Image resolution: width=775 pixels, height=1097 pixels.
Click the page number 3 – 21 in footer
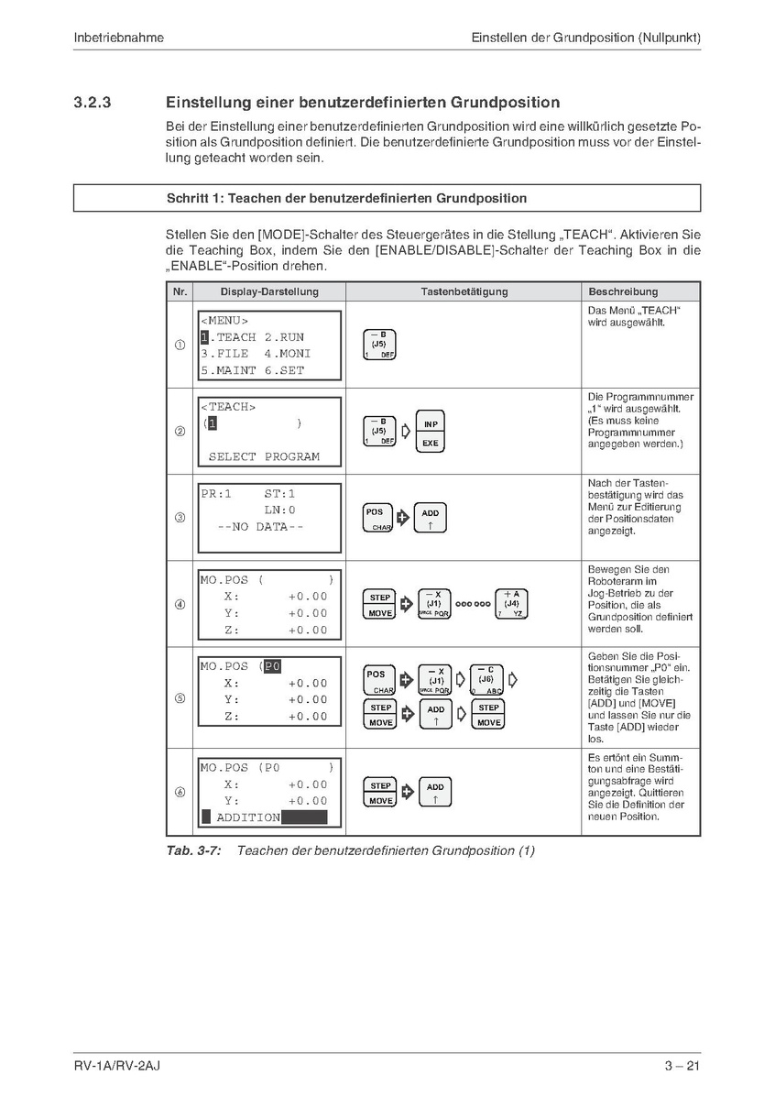[682, 1066]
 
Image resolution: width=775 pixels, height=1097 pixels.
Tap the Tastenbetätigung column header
[464, 291]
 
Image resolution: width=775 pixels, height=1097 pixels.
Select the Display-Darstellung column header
[269, 291]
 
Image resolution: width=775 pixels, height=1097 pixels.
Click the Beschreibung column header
[623, 291]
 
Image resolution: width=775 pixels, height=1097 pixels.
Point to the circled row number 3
[180, 518]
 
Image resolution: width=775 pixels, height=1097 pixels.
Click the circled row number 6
[180, 793]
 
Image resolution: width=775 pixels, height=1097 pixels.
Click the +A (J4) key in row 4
[511, 604]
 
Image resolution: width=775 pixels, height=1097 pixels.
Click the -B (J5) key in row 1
[379, 345]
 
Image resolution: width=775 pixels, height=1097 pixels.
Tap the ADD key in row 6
[435, 793]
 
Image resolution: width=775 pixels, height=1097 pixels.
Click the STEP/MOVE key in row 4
[380, 604]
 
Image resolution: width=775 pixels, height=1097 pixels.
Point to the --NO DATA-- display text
[260, 527]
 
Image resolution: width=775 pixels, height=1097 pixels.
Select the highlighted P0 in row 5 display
[272, 666]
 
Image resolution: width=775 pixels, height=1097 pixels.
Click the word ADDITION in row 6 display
[248, 817]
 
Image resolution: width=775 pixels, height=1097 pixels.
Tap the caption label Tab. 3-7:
[193, 850]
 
